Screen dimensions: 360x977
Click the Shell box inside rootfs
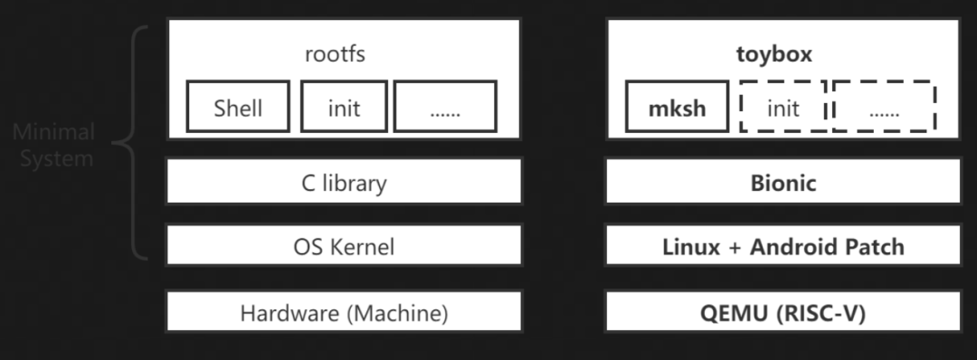pos(238,108)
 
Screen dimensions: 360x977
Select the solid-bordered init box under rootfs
pos(343,108)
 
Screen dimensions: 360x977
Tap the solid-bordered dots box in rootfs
pos(445,108)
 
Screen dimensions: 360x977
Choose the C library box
pos(343,183)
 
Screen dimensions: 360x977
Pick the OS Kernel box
pos(343,246)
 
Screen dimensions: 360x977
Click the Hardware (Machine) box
pos(343,314)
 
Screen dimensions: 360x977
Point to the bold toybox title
pos(773,53)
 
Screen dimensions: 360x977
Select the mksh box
pos(677,108)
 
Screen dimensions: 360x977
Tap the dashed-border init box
pos(782,108)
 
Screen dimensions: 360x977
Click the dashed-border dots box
pos(884,108)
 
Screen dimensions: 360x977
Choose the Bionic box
pos(783,183)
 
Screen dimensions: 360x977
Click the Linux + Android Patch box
pos(783,246)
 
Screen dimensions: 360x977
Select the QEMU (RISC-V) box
pos(783,314)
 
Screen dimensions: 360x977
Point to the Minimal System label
pos(54,146)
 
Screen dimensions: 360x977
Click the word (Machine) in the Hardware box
pos(391,314)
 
